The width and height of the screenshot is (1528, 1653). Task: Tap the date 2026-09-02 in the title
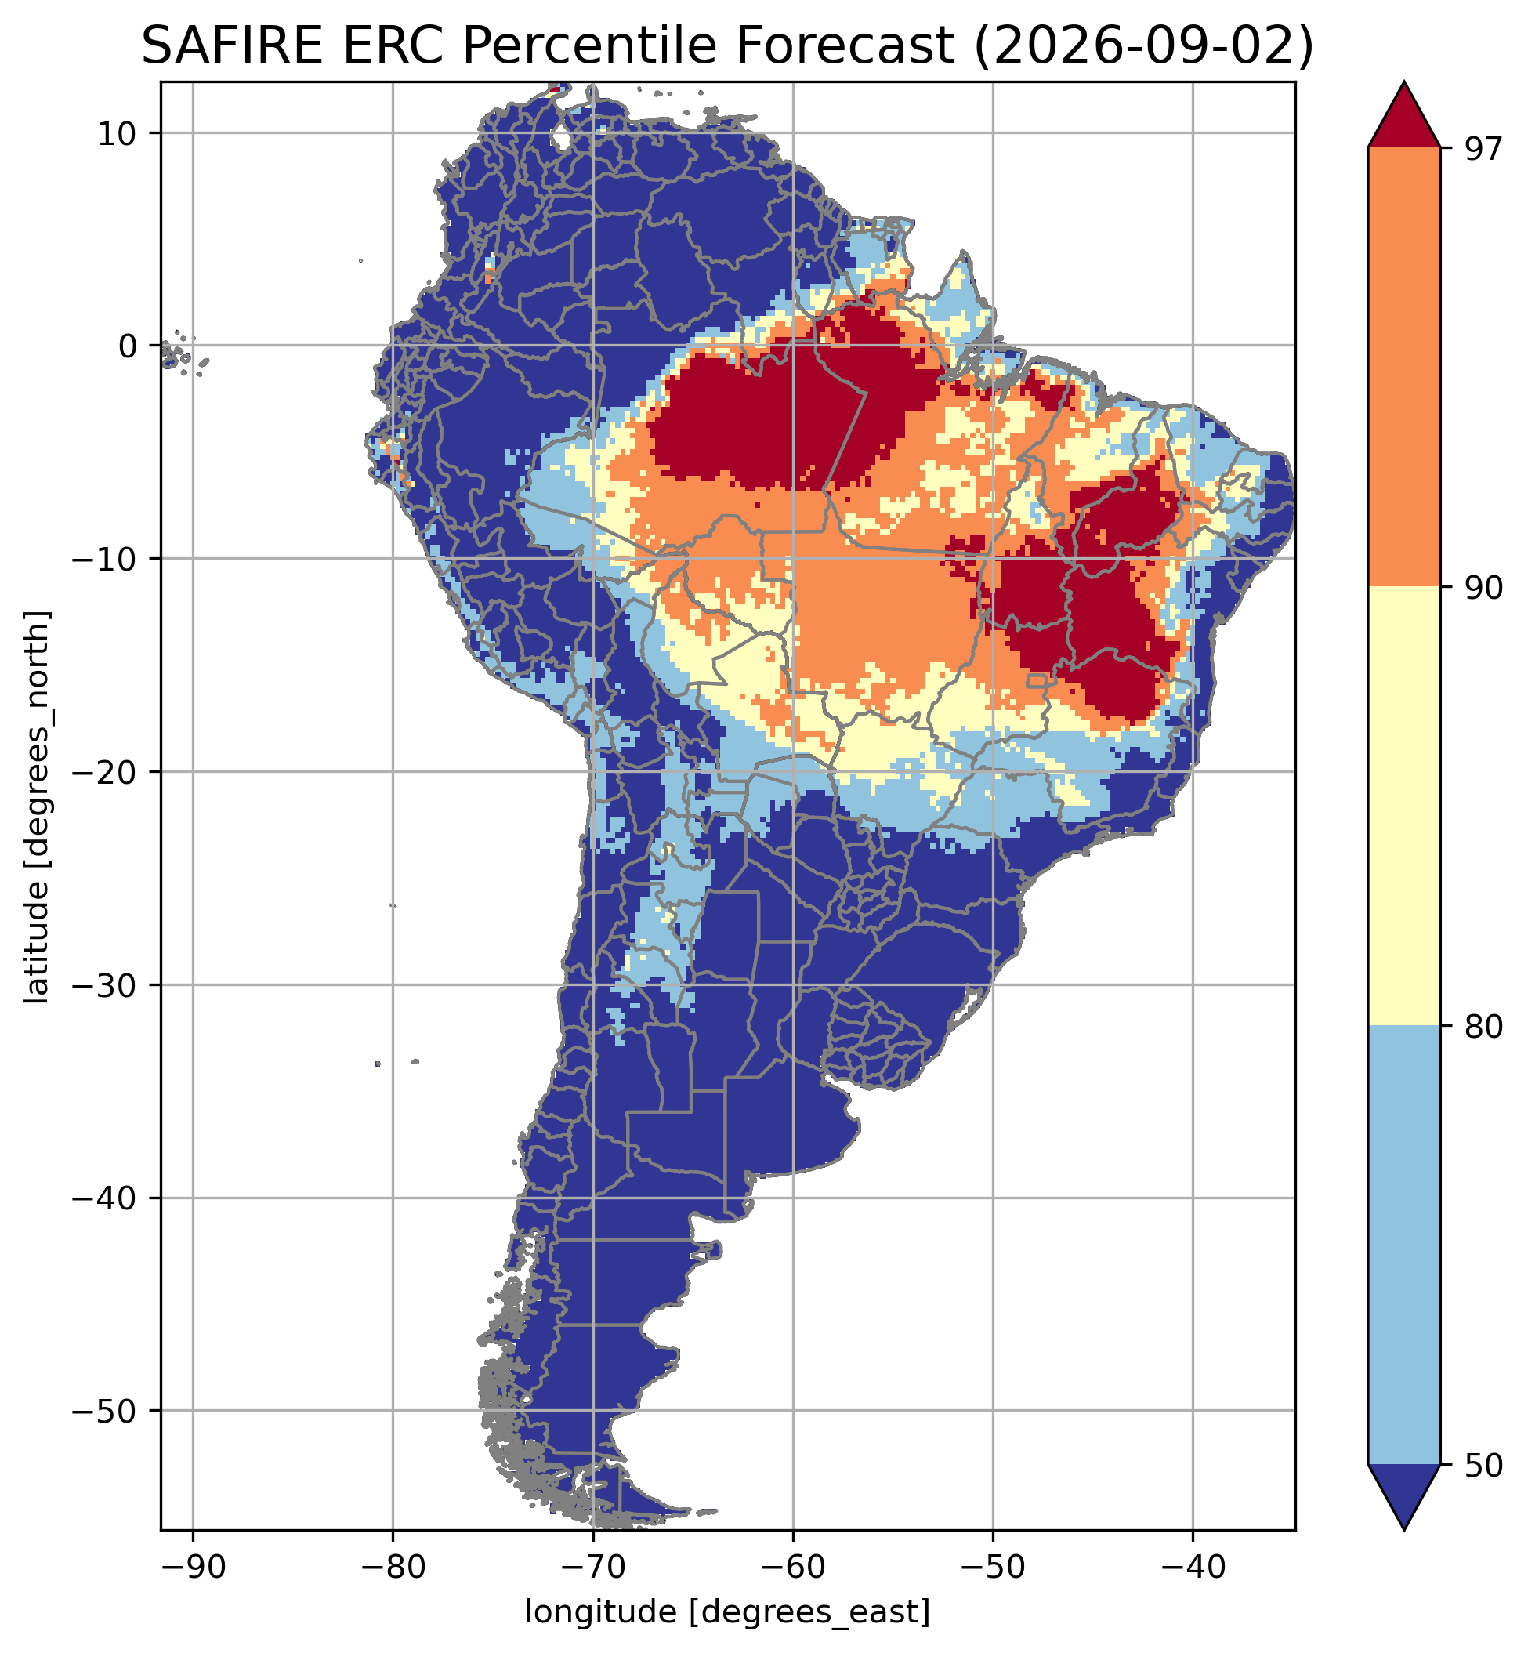pyautogui.click(x=1143, y=48)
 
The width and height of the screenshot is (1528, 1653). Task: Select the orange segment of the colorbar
pyautogui.click(x=1404, y=367)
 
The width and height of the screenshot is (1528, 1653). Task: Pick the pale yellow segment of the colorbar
pyautogui.click(x=1404, y=807)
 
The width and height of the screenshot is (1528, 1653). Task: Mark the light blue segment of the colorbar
pyautogui.click(x=1404, y=1245)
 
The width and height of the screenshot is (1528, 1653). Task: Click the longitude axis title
pyautogui.click(x=728, y=1611)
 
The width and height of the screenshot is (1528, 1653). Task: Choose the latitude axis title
pyautogui.click(x=37, y=807)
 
